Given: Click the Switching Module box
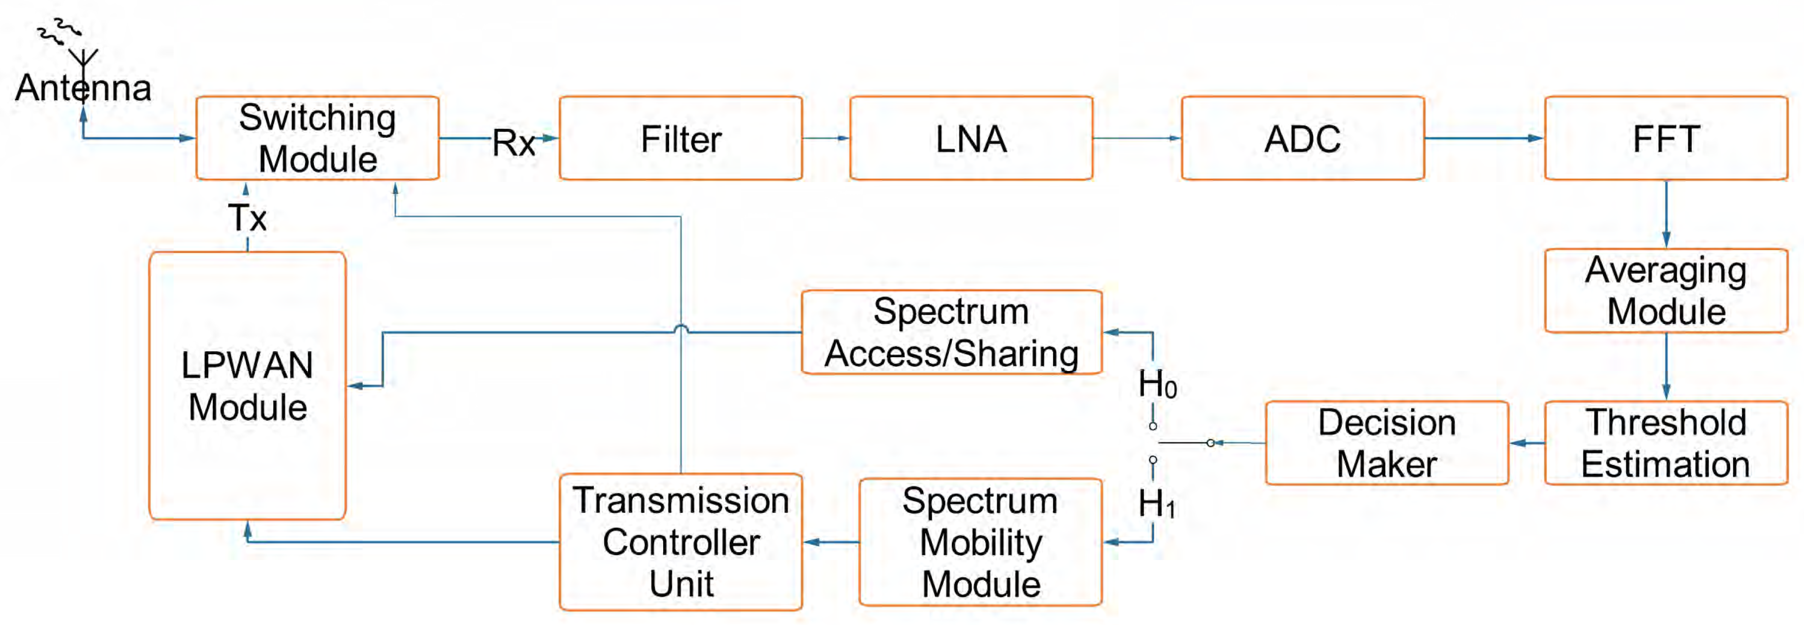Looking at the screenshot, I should pyautogui.click(x=317, y=138).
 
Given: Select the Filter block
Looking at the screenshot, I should pyautogui.click(x=680, y=138).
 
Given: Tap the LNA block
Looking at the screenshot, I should pyautogui.click(x=971, y=138).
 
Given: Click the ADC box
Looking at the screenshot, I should pyautogui.click(x=1302, y=138).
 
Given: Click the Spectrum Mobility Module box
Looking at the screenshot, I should pyautogui.click(x=980, y=542).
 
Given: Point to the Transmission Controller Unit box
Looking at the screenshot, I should pyautogui.click(x=680, y=542).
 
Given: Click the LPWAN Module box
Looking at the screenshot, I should pyautogui.click(x=247, y=385).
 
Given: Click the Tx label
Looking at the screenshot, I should pyautogui.click(x=247, y=218).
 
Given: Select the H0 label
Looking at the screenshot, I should pyautogui.click(x=1156, y=384).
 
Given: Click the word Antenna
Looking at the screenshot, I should pyautogui.click(x=83, y=88).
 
